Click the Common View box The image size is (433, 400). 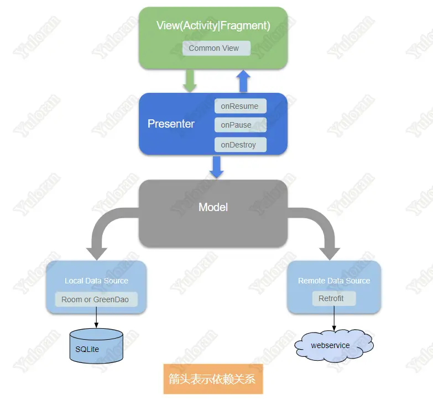pyautogui.click(x=216, y=48)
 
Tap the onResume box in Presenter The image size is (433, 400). pyautogui.click(x=240, y=106)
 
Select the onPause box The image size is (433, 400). pyautogui.click(x=240, y=125)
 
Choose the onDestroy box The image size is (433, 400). pyautogui.click(x=240, y=145)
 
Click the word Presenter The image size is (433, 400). pyautogui.click(x=171, y=124)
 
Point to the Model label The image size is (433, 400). pyautogui.click(x=213, y=207)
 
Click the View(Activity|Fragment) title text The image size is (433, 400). pyautogui.click(x=213, y=25)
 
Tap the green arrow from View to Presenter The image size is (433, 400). pyautogui.click(x=190, y=81)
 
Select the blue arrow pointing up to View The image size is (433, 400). pyautogui.click(x=243, y=81)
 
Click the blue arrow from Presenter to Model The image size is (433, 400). pyautogui.click(x=217, y=167)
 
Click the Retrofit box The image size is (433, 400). pyautogui.click(x=334, y=298)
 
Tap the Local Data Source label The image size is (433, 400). pyautogui.click(x=96, y=281)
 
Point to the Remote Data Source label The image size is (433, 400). pyautogui.click(x=334, y=281)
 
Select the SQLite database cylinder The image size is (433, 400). pyautogui.click(x=96, y=346)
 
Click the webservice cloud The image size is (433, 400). pyautogui.click(x=333, y=346)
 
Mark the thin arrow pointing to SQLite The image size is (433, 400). pyautogui.click(x=96, y=317)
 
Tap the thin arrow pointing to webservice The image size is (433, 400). pyautogui.click(x=334, y=318)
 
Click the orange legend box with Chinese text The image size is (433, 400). pyautogui.click(x=213, y=379)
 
